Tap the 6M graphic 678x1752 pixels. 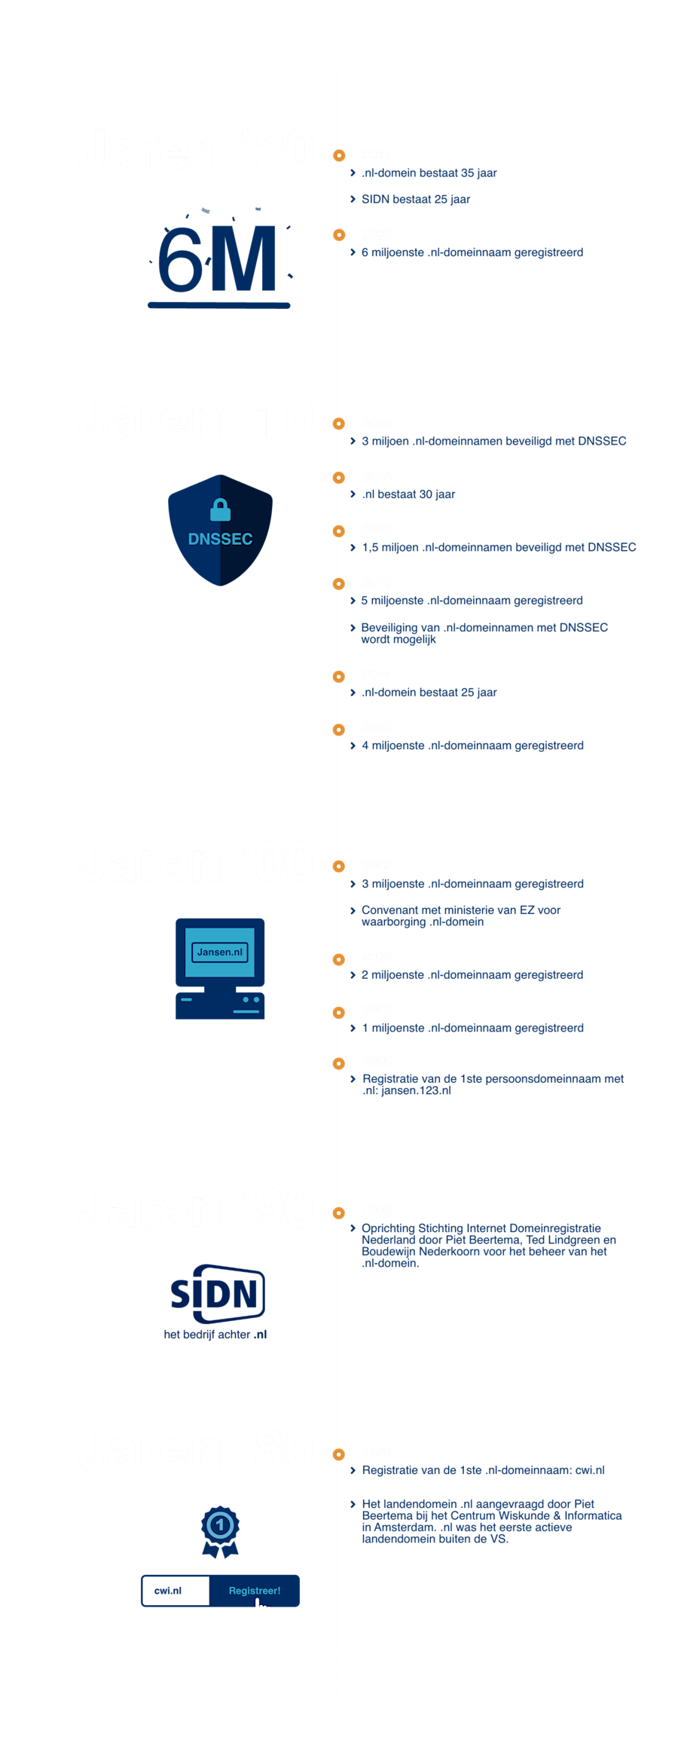pyautogui.click(x=218, y=260)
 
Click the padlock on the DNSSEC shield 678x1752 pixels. pyautogui.click(x=220, y=511)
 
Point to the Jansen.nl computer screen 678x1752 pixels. pyautogui.click(x=220, y=952)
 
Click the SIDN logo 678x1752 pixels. pyautogui.click(x=218, y=1294)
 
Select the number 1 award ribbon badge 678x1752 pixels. pyautogui.click(x=220, y=1530)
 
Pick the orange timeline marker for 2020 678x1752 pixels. pyautogui.click(x=339, y=235)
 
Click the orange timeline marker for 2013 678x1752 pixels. pyautogui.click(x=339, y=530)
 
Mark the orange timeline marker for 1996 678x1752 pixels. pyautogui.click(x=339, y=1212)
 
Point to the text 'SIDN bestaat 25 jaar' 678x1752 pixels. pyautogui.click(x=416, y=200)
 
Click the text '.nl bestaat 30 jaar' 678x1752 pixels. pyautogui.click(x=408, y=495)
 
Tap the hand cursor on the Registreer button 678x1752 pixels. pyautogui.click(x=261, y=1610)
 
